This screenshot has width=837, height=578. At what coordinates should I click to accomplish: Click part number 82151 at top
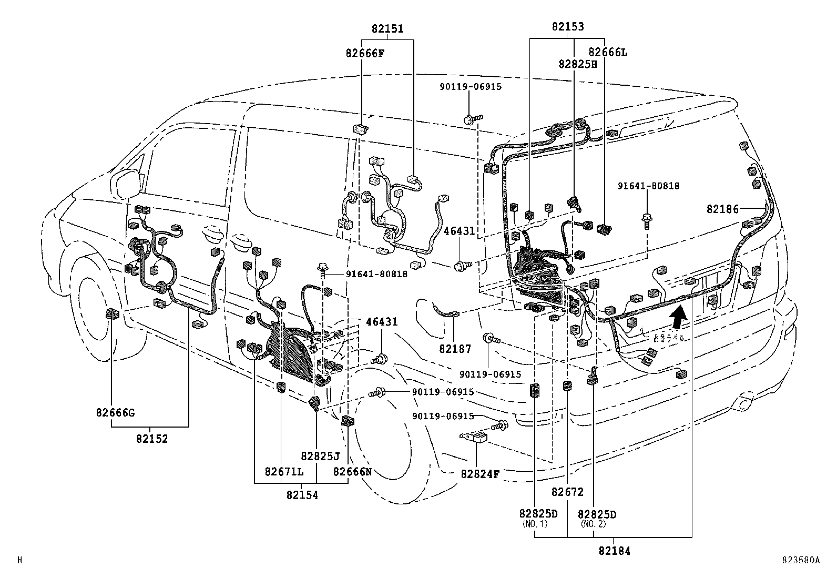(387, 29)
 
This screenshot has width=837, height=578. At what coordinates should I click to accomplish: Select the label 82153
(567, 27)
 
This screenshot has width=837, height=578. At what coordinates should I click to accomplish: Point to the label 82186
(722, 209)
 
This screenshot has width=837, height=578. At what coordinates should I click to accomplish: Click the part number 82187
(455, 349)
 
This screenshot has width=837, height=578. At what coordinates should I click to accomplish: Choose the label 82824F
(479, 474)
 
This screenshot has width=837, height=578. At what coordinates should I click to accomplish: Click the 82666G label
(115, 412)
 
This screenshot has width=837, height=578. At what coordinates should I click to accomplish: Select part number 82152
(152, 439)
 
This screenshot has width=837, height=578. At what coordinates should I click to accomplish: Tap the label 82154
(302, 495)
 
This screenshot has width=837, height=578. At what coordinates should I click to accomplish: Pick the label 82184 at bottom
(614, 551)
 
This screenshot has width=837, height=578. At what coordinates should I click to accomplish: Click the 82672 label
(567, 492)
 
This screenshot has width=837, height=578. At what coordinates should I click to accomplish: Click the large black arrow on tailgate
(678, 317)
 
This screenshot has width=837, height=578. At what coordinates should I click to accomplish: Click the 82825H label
(578, 64)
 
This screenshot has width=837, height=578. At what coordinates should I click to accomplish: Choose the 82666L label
(608, 52)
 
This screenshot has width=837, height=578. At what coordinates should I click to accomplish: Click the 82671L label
(284, 472)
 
